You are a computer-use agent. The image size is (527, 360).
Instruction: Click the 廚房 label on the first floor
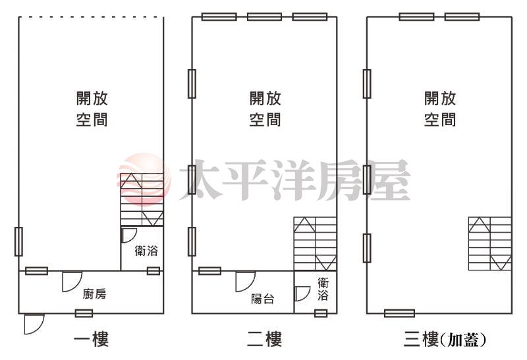94,294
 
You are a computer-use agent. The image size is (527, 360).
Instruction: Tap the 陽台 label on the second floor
262,299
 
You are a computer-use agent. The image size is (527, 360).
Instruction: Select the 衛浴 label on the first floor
146,251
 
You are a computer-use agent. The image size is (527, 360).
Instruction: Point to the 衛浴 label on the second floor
323,289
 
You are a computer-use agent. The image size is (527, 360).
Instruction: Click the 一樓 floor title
91,339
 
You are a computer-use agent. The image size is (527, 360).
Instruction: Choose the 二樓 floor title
265,339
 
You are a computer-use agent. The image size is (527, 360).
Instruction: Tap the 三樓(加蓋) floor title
445,339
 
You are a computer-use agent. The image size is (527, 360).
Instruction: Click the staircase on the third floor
490,244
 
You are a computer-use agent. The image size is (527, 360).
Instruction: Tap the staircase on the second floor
316,244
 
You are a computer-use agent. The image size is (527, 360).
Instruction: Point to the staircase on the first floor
142,199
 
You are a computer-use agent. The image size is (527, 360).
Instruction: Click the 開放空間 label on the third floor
440,109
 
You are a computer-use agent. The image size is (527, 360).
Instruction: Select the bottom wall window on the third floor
399,313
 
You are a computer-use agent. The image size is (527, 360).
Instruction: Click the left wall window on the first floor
19,242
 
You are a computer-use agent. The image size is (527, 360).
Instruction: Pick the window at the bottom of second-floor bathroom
321,313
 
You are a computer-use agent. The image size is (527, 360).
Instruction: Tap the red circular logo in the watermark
144,179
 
